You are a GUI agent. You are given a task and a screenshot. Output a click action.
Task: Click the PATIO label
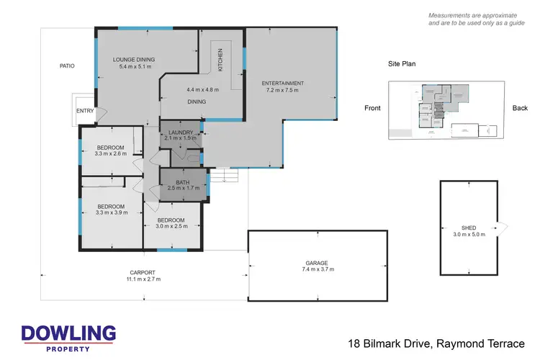[x=67, y=66]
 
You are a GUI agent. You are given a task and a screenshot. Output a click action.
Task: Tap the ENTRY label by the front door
[x=86, y=112]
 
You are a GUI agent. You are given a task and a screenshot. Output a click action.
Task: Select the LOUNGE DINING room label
[x=134, y=60]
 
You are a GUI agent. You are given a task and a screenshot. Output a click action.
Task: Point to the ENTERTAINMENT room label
[x=282, y=84]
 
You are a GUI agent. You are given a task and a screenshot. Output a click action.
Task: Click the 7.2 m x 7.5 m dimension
[x=282, y=91]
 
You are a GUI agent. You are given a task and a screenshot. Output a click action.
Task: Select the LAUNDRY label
[x=180, y=132]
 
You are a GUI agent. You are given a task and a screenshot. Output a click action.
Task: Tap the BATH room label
[x=182, y=183]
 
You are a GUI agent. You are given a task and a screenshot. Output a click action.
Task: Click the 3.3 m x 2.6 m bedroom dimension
[x=112, y=153]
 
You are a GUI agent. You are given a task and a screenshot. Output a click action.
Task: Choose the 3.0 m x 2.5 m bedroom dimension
[x=172, y=226]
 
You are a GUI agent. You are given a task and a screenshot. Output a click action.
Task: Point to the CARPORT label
[x=143, y=272]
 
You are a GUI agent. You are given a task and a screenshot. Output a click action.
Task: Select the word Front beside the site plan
[x=372, y=109]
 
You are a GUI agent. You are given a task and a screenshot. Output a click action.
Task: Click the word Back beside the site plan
[x=520, y=109]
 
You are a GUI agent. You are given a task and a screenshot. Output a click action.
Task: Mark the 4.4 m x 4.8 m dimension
[x=202, y=90]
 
